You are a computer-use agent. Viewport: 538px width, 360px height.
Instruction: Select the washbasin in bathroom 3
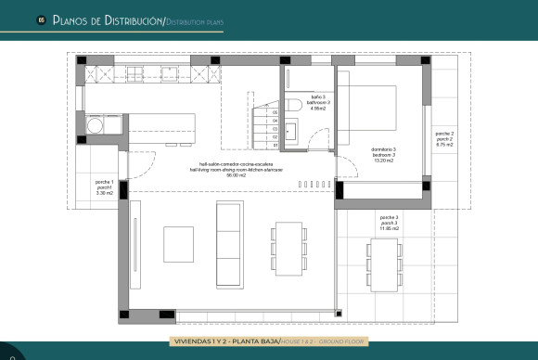[290, 131]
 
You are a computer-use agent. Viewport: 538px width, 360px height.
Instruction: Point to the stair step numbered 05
[275, 112]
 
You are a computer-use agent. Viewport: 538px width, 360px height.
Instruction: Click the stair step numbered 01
[275, 146]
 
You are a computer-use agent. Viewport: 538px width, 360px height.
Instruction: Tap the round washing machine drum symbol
[95, 123]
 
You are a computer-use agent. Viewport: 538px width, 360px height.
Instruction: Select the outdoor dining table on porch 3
[382, 263]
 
